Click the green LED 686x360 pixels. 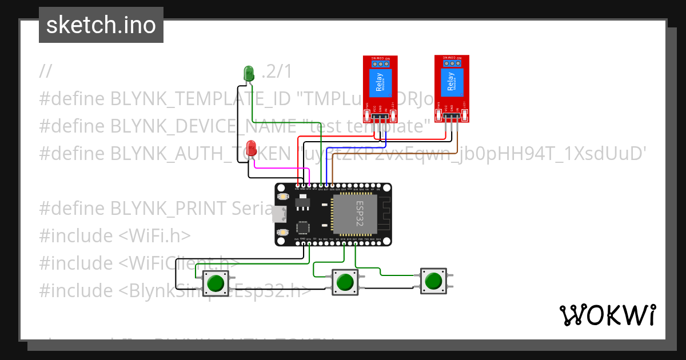[x=249, y=73]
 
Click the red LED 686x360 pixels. [x=251, y=147]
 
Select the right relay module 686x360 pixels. [x=452, y=86]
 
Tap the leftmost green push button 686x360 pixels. [x=216, y=283]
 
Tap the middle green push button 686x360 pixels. [x=345, y=282]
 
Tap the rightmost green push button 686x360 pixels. [x=433, y=281]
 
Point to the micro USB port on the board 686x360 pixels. [x=279, y=214]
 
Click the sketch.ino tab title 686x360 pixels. [x=101, y=25]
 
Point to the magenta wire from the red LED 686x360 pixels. [x=280, y=168]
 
